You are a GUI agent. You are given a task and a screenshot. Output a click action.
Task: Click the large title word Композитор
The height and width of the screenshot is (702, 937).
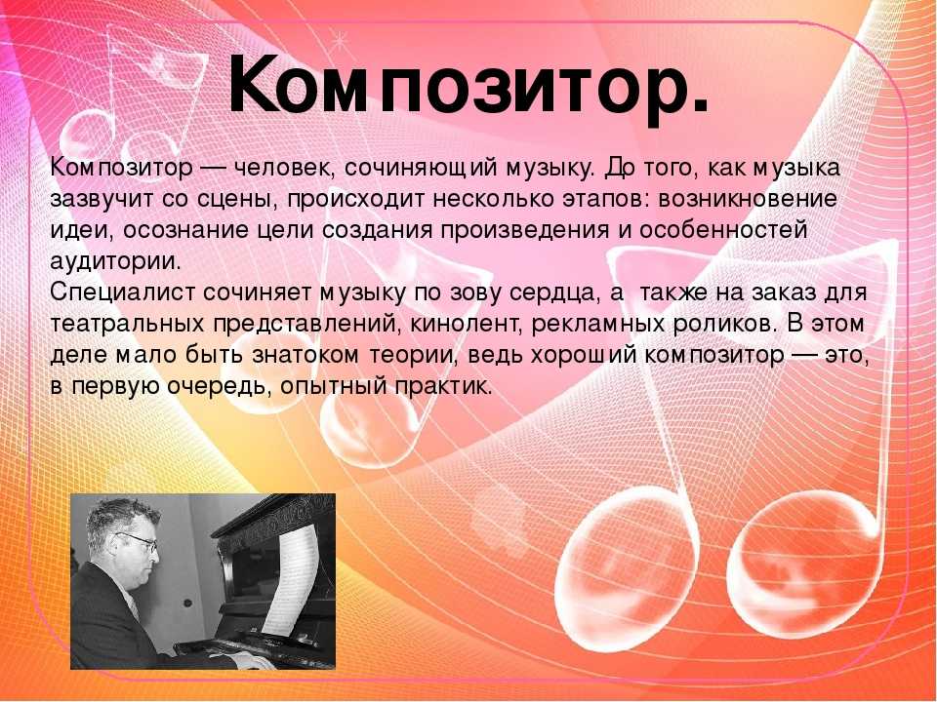coord(468,87)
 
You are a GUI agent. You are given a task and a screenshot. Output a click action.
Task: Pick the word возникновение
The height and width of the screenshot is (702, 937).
coord(748,199)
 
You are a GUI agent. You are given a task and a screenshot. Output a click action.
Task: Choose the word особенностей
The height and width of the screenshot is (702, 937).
coord(723,230)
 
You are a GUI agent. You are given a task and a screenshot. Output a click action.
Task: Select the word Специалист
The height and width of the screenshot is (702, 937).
coord(123,293)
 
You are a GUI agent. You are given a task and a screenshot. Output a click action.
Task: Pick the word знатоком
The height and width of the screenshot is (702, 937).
coord(306,356)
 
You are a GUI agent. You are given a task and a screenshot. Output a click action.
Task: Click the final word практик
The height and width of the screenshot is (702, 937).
coord(443,387)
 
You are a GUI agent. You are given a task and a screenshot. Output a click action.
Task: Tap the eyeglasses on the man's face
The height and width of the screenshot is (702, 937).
coord(139,540)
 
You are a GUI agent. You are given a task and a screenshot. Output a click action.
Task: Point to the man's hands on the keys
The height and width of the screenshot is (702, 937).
coord(251,659)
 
